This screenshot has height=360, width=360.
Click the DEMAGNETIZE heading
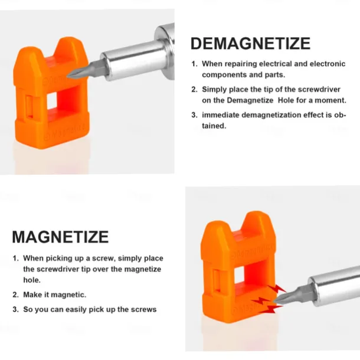coord(250,44)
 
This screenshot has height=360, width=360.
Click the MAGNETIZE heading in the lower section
coord(60,237)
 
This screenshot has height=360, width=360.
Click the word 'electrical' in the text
coord(271,63)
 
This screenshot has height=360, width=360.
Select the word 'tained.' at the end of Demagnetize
coord(214,125)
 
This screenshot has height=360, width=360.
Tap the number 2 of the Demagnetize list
coord(194,89)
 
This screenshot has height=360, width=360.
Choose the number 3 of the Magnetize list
coord(15,310)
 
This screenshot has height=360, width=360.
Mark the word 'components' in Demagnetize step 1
coord(222,74)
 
